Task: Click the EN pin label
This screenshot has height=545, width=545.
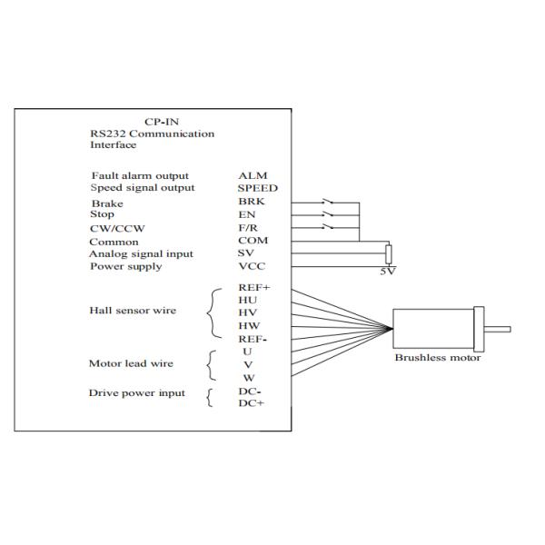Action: pos(246,214)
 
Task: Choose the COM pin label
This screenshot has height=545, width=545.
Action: pos(252,241)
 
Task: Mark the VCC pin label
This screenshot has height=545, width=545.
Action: pos(251,266)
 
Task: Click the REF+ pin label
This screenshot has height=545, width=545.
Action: pos(254,287)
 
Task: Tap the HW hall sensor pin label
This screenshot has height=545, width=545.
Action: pos(249,325)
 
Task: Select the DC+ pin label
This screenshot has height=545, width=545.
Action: pos(250,404)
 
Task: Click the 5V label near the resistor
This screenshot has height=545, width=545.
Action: pos(389,271)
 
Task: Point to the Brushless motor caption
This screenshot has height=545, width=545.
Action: pos(437,357)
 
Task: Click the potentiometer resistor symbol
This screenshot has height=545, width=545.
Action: pos(388,253)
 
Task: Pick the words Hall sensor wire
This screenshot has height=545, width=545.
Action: pos(133,311)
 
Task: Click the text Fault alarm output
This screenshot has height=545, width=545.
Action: pos(140,175)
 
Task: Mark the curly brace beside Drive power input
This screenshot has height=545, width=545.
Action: pos(210,398)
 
